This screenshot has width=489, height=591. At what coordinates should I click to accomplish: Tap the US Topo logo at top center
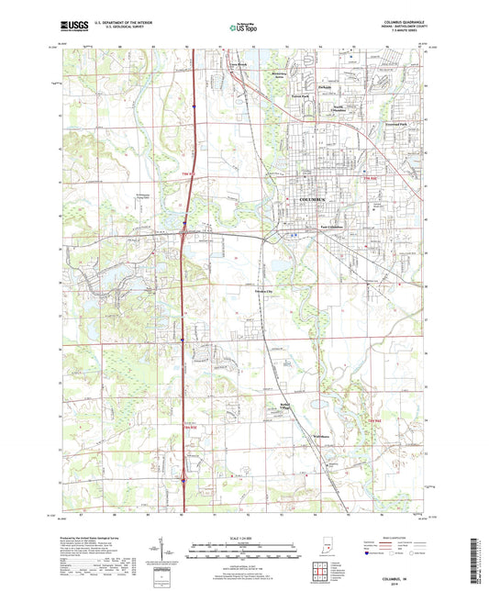point(243,30)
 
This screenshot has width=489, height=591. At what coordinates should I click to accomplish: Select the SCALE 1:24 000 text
point(243,538)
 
